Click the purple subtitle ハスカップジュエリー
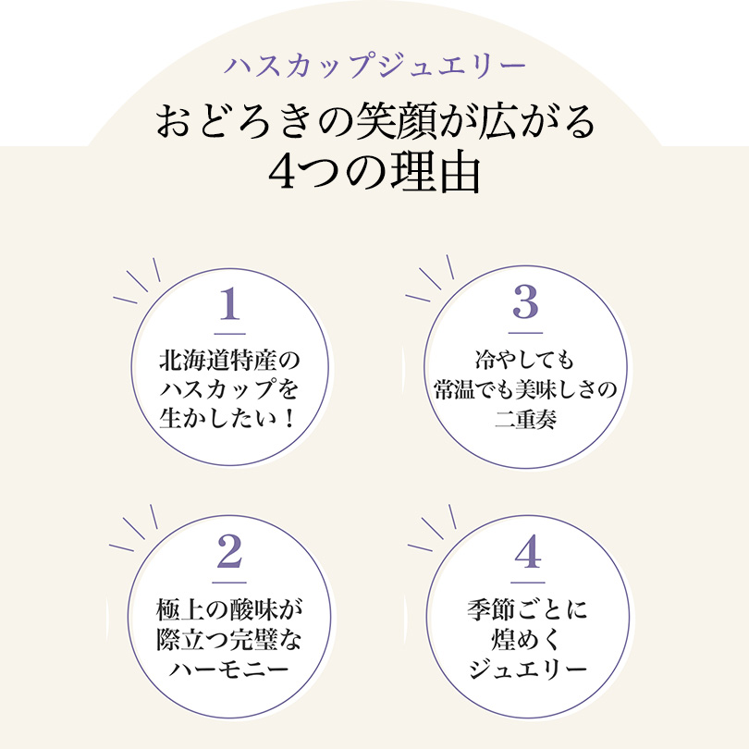coord(374,68)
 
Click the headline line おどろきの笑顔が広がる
coord(374,123)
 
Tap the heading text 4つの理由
coord(374,172)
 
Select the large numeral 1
coord(230,303)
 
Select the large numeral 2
coord(229,554)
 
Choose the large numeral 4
coord(525,554)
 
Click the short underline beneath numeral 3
coord(524,331)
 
